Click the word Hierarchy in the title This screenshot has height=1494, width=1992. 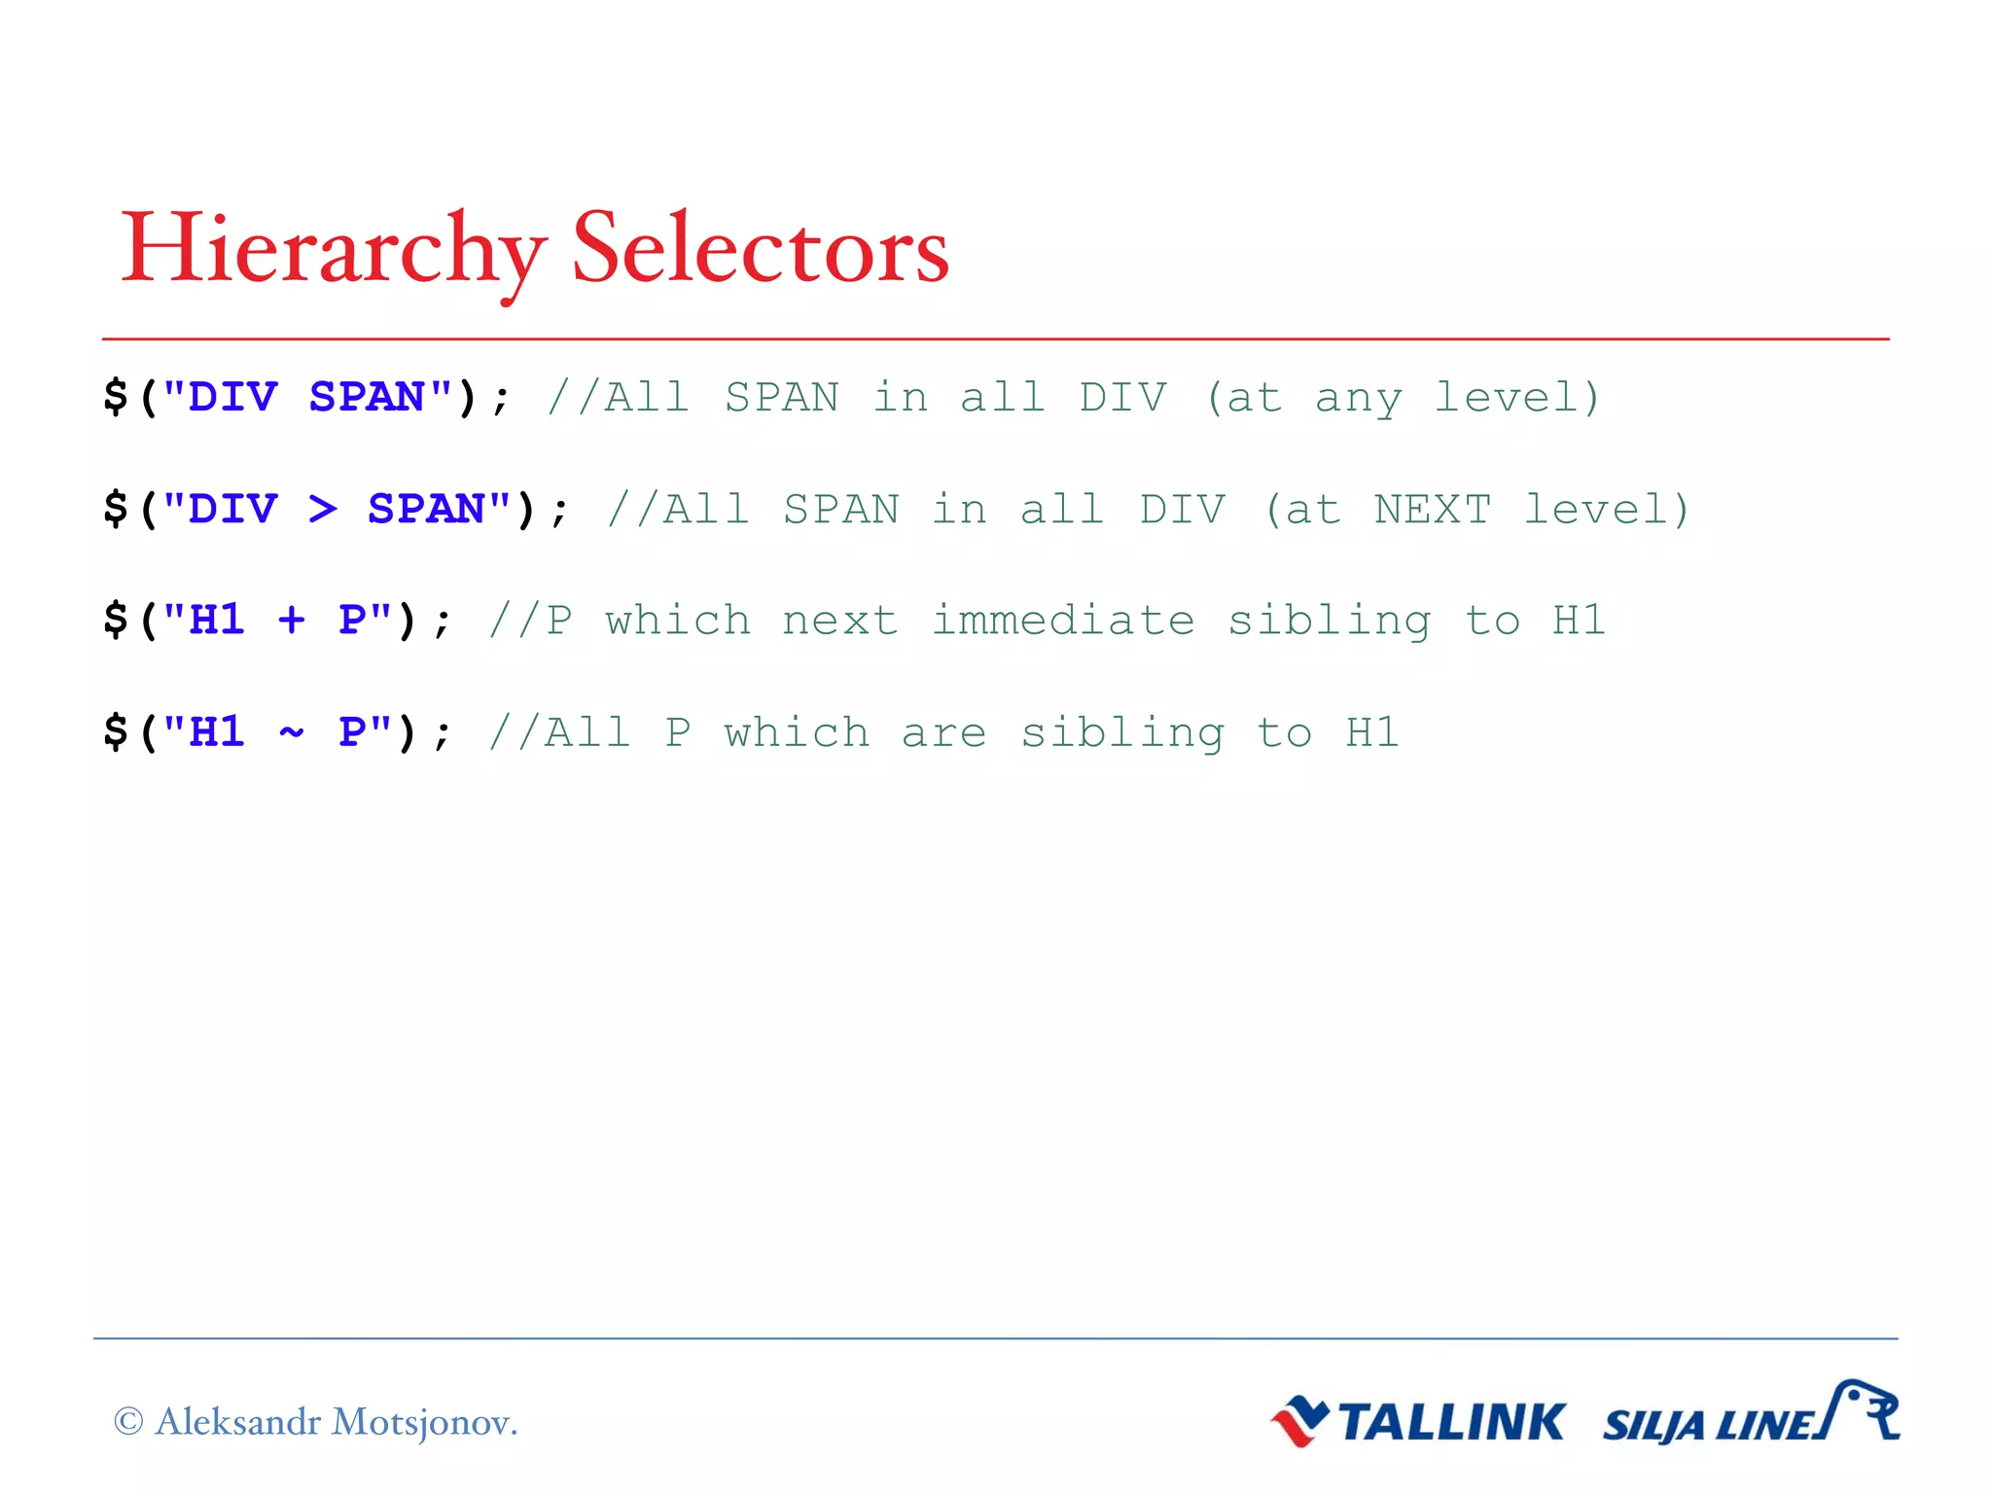[331, 250]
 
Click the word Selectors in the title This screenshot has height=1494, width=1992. [760, 250]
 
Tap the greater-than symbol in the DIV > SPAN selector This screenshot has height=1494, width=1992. [323, 509]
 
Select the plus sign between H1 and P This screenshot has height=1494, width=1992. [291, 621]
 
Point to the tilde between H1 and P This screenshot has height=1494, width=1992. [291, 731]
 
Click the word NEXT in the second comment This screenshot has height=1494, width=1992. [1432, 510]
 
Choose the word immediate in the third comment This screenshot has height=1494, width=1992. [1063, 621]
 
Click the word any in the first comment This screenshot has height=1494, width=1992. [1358, 398]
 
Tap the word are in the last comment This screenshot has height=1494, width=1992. [943, 732]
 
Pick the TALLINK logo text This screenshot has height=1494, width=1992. [1451, 1422]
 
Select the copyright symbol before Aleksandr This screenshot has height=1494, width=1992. [128, 1422]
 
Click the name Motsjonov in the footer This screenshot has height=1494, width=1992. [423, 1422]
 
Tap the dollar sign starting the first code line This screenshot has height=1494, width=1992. [116, 398]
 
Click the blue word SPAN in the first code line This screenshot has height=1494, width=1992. [367, 398]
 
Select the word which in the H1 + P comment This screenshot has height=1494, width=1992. [678, 621]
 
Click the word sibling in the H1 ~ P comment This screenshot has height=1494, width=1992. [1121, 732]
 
